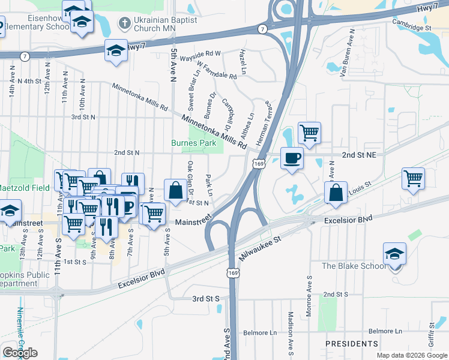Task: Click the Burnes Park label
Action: coord(193,143)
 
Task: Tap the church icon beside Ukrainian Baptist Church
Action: coord(124,23)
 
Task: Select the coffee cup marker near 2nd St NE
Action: coord(292,158)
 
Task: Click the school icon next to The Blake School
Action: coord(394,254)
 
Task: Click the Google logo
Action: coord(20,353)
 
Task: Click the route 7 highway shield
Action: coord(263,29)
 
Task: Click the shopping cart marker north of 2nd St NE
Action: coord(309,133)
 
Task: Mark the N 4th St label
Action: coord(29,80)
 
